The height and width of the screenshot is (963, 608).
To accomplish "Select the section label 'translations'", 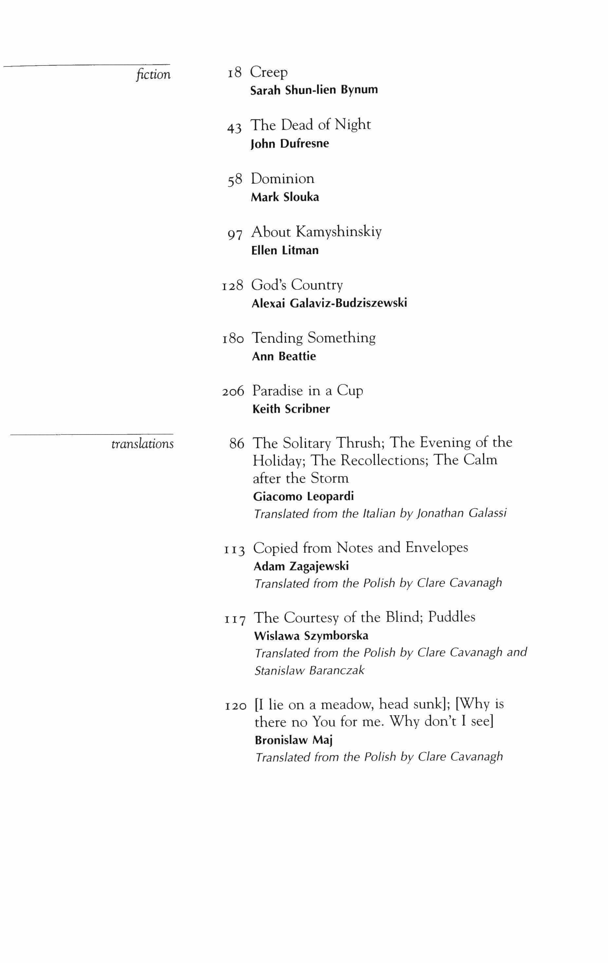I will (142, 444).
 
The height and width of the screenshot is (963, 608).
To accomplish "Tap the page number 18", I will (235, 73).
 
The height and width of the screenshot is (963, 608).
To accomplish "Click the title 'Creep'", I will (269, 72).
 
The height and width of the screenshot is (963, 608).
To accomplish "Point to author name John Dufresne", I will (290, 143).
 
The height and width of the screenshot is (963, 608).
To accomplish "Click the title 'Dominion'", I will (283, 178).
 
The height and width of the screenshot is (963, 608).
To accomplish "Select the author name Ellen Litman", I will (285, 250).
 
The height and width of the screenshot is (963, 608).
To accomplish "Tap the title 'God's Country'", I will (297, 285).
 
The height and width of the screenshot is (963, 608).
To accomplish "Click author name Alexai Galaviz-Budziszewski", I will (329, 303).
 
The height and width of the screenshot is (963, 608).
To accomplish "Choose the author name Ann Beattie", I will (284, 356).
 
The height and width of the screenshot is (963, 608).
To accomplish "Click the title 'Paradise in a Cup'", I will (307, 390).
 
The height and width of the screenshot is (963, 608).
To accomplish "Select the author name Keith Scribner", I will (291, 409).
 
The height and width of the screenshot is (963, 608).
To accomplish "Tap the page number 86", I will (236, 443).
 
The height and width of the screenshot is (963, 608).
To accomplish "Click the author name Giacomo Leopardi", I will (304, 496).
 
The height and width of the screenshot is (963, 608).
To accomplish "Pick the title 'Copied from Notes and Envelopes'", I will (360, 547).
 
